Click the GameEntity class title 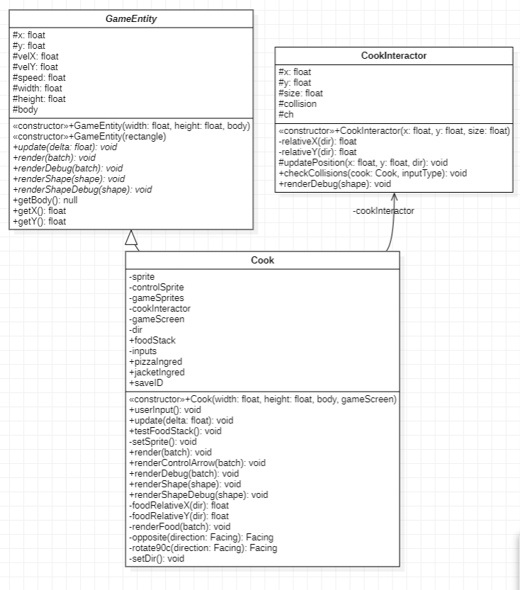[x=131, y=18]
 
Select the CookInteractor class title [x=393, y=55]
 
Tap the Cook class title [x=262, y=260]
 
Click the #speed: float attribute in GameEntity [x=39, y=77]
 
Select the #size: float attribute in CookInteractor [x=300, y=93]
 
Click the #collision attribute [x=298, y=103]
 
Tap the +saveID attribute [x=147, y=382]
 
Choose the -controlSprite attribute [x=156, y=287]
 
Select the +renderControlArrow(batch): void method [x=197, y=463]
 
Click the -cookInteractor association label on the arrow [x=383, y=210]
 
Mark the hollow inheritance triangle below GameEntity [x=131, y=239]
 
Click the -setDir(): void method [x=156, y=558]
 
